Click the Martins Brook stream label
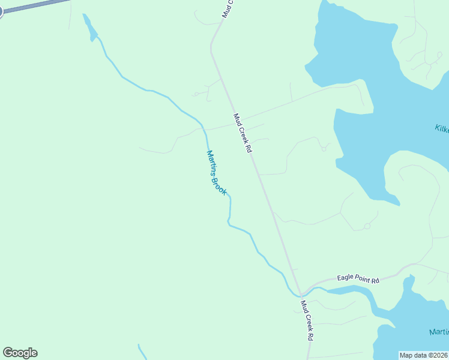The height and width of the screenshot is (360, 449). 216,172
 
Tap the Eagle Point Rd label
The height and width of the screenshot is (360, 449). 358,279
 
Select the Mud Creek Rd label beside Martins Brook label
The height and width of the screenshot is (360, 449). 242,133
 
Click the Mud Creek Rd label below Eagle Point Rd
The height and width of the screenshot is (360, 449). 307,320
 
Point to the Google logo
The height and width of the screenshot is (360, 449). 20,353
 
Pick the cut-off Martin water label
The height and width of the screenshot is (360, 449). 439,332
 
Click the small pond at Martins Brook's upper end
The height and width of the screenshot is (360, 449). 90,28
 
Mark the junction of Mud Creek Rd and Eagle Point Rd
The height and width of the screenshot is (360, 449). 301,293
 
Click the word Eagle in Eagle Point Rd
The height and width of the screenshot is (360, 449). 346,278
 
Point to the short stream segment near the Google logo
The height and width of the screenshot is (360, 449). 142,351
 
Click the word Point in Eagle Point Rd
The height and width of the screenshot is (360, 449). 363,279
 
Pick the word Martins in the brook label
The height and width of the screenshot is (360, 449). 211,161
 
